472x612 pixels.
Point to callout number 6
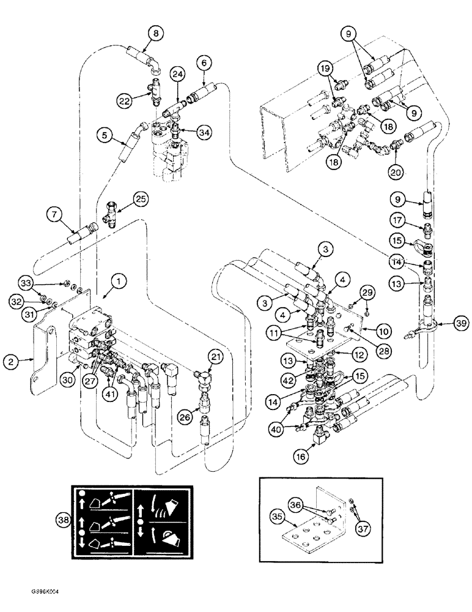(x=205, y=61)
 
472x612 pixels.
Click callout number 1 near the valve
(x=120, y=281)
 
